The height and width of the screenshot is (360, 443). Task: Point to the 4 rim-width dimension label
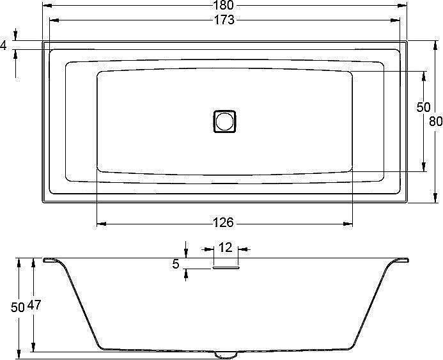(4, 45)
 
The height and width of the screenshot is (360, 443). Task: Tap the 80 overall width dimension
(436, 121)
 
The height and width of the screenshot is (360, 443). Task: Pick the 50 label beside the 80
(423, 107)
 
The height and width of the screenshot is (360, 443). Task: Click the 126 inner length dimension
(223, 223)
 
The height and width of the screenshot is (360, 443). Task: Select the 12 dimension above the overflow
(226, 247)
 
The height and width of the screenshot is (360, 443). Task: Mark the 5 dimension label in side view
(176, 263)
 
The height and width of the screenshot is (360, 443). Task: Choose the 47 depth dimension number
(35, 306)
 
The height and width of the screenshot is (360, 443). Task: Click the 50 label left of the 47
(18, 306)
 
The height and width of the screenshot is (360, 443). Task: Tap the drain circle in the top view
(224, 120)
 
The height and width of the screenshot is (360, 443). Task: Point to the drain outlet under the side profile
(224, 353)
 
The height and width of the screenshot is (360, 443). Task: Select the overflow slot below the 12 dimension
(226, 269)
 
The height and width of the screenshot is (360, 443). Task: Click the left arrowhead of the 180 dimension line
(46, 6)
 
